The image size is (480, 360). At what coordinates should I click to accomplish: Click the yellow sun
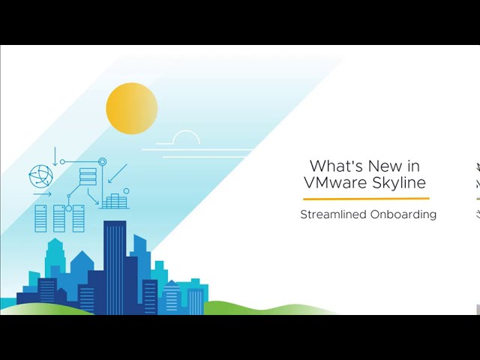coord(132,108)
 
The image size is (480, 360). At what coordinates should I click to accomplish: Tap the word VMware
coord(335,182)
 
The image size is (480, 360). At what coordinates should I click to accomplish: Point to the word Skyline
coord(399,182)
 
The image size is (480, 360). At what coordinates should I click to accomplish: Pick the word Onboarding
coord(403,214)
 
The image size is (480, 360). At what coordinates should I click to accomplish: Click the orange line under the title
coord(367,199)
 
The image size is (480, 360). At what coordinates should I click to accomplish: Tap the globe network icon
coord(40,175)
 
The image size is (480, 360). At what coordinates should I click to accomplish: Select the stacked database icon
coord(88,177)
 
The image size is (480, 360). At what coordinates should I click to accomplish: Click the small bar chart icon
coord(114,201)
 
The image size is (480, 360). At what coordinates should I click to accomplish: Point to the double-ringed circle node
coord(103,161)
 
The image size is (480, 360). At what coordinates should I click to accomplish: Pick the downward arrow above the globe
coord(55,157)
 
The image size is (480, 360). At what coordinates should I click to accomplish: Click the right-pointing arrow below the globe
coord(43,194)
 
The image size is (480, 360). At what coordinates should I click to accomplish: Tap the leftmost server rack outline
coord(41,218)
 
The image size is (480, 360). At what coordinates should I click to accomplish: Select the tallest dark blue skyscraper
coord(115,266)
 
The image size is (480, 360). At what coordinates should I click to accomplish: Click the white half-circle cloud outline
coord(186,133)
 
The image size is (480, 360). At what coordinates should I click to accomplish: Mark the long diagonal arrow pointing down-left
coord(118,174)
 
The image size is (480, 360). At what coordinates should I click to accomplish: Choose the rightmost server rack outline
coord(78,218)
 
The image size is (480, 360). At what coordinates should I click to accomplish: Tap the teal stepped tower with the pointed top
coord(55,257)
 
